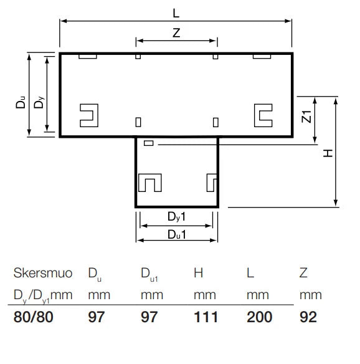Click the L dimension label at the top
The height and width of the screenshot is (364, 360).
click(176, 13)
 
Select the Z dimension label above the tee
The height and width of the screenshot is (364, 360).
click(176, 33)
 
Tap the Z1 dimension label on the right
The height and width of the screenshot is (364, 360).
click(306, 117)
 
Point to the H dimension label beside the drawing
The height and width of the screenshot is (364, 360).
click(328, 153)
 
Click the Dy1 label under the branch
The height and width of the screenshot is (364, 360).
click(176, 217)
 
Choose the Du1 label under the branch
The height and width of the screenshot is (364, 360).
click(177, 235)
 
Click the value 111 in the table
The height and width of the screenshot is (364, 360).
click(206, 317)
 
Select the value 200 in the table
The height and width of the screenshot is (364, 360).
click(259, 317)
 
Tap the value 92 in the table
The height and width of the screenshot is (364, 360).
click(308, 317)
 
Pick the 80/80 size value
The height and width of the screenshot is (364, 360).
click(34, 317)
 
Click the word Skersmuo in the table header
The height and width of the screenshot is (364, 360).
click(43, 273)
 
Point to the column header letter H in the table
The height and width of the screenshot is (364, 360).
click(198, 273)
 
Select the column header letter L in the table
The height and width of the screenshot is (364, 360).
click(250, 273)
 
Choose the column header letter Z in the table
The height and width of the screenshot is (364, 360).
click(303, 273)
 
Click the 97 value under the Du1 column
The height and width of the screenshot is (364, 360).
click(149, 317)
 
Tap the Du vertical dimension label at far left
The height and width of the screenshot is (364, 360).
click(21, 102)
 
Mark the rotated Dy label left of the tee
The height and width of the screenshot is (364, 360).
click(39, 102)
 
